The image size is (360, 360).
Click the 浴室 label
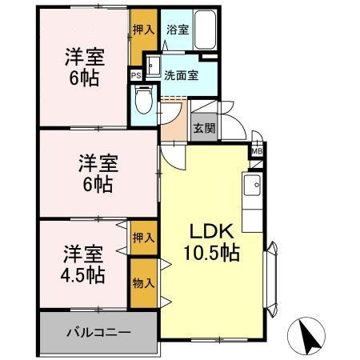(178, 30)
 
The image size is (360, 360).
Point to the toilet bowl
(143, 102)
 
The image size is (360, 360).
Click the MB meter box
(258, 150)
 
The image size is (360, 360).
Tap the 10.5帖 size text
(212, 254)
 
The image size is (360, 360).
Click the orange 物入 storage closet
(142, 282)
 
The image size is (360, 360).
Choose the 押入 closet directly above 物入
(142, 238)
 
